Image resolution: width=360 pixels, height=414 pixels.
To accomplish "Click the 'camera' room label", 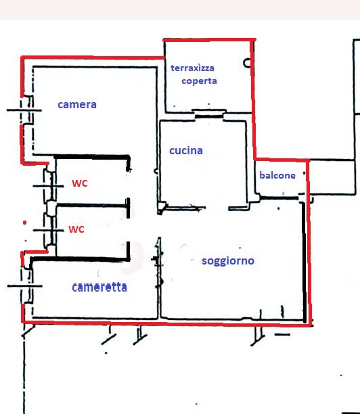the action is (77, 105).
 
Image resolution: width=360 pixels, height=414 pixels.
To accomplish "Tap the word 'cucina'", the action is (186, 151).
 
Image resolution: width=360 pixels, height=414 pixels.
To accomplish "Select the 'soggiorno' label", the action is (228, 261).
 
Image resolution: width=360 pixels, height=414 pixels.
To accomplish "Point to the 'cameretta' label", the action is (99, 287).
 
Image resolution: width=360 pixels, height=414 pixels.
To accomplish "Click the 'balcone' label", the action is (277, 175).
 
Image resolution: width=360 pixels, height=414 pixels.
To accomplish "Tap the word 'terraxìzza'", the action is (192, 68).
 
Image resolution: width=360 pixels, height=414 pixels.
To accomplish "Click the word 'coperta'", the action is (199, 80).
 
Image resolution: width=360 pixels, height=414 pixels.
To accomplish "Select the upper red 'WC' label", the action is (79, 183).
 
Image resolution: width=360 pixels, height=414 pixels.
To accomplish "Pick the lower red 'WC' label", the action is (76, 229).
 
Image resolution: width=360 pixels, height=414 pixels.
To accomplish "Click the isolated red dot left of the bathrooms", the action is (24, 223).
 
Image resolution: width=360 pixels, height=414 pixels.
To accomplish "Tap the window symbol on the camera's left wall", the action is (24, 110).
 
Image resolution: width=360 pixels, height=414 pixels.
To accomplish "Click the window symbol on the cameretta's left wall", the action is (25, 285).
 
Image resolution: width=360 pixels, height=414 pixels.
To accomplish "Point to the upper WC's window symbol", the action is (49, 186).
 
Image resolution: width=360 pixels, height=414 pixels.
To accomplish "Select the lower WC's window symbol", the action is (49, 230).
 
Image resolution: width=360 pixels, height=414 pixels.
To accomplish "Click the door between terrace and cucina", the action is (209, 114).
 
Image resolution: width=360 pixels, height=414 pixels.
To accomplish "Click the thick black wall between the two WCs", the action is (92, 205).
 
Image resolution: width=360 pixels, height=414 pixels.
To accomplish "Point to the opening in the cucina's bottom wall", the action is (217, 208).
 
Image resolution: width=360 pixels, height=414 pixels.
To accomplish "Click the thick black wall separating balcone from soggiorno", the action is (279, 198).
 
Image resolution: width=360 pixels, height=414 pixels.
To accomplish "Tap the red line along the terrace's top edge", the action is (209, 40).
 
